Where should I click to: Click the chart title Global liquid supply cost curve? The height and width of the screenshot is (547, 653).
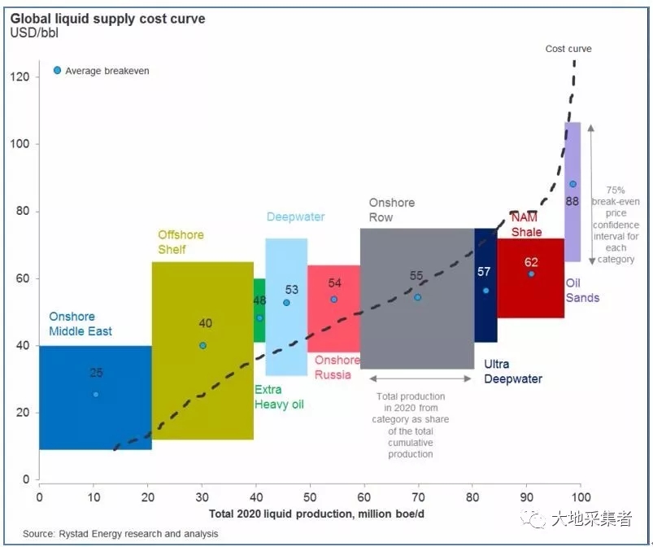[x=107, y=18]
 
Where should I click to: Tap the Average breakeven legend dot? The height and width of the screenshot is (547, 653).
[x=57, y=71]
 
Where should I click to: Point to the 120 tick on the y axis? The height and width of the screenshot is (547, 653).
[x=20, y=77]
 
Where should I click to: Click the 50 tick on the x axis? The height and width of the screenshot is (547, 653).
[x=310, y=496]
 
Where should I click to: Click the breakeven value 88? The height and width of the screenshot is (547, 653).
[x=572, y=200]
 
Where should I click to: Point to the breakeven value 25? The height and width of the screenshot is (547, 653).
[x=96, y=374]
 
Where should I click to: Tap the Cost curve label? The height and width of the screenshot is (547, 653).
[x=568, y=49]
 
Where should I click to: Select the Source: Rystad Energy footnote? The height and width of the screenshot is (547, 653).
[x=120, y=534]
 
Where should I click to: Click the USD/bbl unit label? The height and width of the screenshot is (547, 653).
[x=33, y=33]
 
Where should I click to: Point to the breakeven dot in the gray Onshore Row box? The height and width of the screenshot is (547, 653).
[x=417, y=297]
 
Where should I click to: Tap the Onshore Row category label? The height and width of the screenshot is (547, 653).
[x=391, y=210]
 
